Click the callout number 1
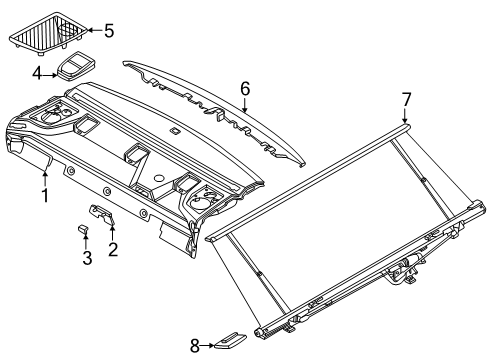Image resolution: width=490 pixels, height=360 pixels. [45, 195]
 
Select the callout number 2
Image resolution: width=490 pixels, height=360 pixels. [113, 249]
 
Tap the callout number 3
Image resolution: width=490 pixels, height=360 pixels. [87, 258]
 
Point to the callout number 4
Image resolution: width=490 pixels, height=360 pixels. [37, 74]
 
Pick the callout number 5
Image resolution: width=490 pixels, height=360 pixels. [109, 31]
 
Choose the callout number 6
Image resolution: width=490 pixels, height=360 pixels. [245, 89]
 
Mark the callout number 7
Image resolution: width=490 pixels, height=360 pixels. [406, 99]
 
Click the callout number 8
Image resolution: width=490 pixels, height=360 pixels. [195, 346]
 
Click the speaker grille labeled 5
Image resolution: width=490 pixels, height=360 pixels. [47, 32]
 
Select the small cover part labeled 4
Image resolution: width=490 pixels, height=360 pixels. [76, 66]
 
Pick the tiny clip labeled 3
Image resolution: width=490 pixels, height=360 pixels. [83, 229]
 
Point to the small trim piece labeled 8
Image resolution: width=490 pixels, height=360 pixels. [230, 340]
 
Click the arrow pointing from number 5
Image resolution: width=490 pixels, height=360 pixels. [95, 31]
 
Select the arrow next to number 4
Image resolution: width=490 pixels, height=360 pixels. [50, 75]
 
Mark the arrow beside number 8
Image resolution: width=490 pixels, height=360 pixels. [207, 346]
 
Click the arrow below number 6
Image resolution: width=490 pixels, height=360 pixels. [245, 105]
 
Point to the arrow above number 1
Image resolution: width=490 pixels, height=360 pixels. [45, 178]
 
